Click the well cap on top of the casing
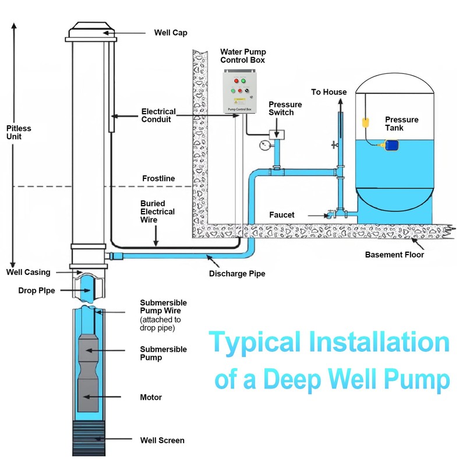[90, 32]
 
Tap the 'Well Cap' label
[171, 32]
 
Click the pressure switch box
[276, 134]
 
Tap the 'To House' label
[329, 92]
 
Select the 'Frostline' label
[158, 178]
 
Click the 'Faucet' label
[282, 215]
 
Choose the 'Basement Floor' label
[394, 255]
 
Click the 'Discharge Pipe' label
[236, 273]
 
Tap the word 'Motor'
[151, 397]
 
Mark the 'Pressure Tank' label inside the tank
[401, 123]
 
